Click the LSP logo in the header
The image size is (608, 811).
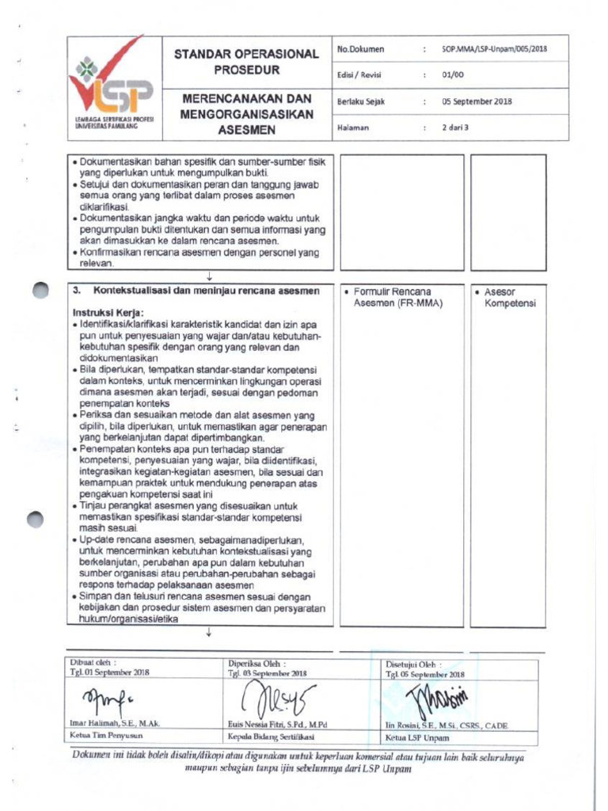(x=113, y=88)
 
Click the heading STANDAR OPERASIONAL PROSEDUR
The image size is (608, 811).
(x=246, y=62)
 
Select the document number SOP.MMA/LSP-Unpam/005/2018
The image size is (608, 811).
(x=495, y=49)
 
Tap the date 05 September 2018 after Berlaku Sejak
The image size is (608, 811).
(x=477, y=101)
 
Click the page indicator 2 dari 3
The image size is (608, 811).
(x=456, y=128)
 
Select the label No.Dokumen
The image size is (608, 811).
(x=360, y=49)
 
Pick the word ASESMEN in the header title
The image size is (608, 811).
(x=246, y=129)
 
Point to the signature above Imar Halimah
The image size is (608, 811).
(x=106, y=699)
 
